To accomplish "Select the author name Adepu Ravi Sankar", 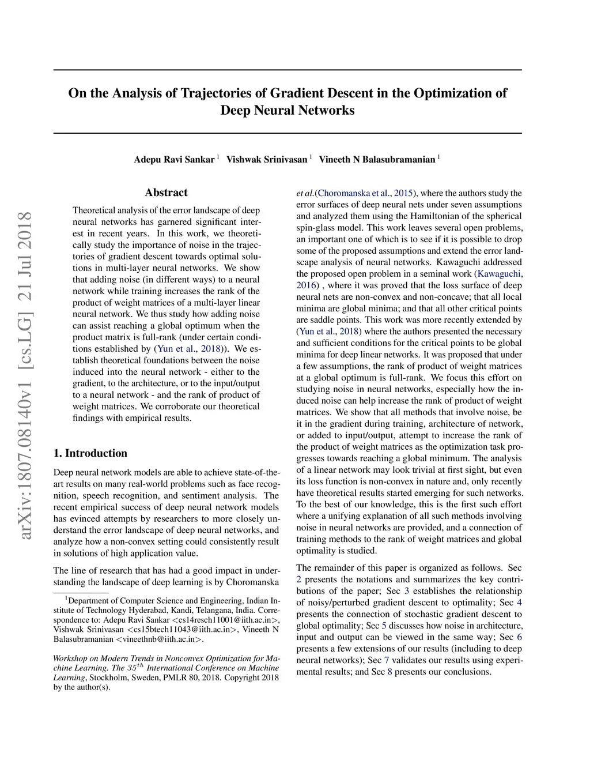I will click(x=174, y=159).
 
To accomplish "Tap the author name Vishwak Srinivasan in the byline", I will click(x=267, y=159).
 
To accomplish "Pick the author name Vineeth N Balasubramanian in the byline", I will click(x=377, y=159).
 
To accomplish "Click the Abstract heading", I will click(x=166, y=193).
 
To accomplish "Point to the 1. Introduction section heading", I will click(x=90, y=453).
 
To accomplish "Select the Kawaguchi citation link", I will click(x=499, y=274).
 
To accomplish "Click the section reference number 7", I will click(x=387, y=660).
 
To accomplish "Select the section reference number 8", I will click(x=389, y=672).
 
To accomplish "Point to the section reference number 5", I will click(x=384, y=626).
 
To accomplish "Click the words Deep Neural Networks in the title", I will click(x=287, y=110).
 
